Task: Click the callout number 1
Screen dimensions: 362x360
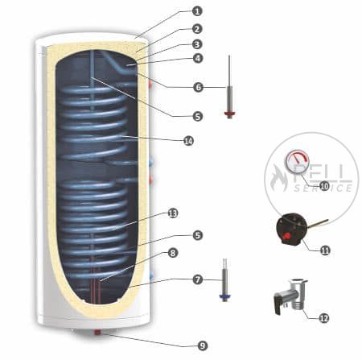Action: (197, 11)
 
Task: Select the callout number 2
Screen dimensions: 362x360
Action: (197, 29)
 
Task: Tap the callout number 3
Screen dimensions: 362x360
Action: (197, 44)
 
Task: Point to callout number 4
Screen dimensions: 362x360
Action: (198, 58)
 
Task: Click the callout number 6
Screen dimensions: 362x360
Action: (199, 87)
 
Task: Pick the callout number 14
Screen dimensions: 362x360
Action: (188, 140)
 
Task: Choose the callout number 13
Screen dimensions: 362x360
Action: (173, 213)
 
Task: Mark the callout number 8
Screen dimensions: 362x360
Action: (172, 253)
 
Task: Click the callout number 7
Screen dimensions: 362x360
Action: (198, 279)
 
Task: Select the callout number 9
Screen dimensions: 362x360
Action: (203, 346)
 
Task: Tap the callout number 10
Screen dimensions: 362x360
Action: (324, 186)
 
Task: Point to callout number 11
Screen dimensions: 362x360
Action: (325, 250)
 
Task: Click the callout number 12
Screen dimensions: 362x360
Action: (324, 318)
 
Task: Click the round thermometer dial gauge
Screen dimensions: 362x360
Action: (297, 163)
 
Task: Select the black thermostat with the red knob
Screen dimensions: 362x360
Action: (290, 229)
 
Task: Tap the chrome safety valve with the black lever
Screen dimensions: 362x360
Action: (290, 296)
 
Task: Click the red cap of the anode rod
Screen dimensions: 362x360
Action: (230, 114)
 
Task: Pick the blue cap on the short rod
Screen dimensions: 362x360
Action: (224, 296)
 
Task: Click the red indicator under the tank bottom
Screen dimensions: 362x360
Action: (97, 333)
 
